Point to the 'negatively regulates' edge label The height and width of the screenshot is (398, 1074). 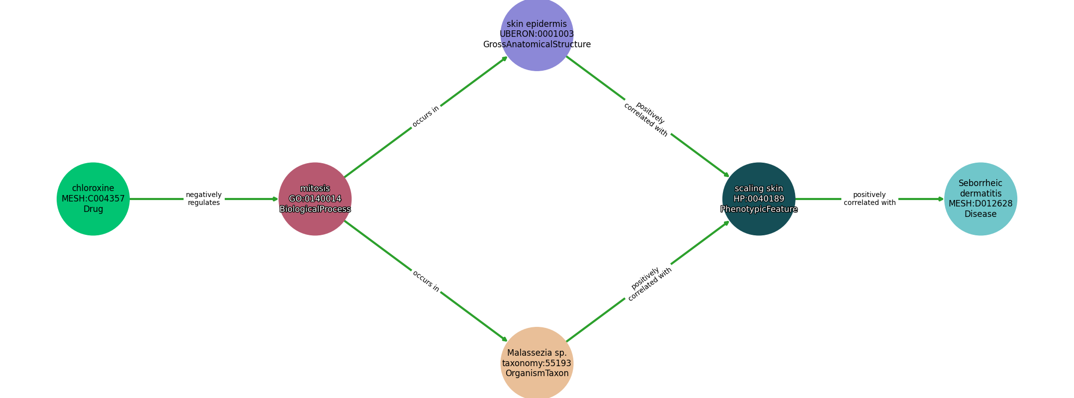(204, 199)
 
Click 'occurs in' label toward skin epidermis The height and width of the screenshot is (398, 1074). (426, 116)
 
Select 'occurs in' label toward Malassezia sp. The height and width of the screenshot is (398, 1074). (426, 281)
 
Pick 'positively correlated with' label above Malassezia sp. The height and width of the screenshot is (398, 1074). (648, 284)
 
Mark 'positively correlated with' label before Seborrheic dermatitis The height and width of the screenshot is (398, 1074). (870, 199)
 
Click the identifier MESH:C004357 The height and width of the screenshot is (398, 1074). (93, 199)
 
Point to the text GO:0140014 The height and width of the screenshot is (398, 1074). (315, 199)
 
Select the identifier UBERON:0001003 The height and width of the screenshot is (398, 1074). (537, 34)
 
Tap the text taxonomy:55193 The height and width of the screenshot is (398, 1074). (537, 363)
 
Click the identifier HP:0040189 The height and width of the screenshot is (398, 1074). (759, 199)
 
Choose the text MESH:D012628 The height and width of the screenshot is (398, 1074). (981, 203)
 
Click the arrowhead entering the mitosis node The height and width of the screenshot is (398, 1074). (275, 199)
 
